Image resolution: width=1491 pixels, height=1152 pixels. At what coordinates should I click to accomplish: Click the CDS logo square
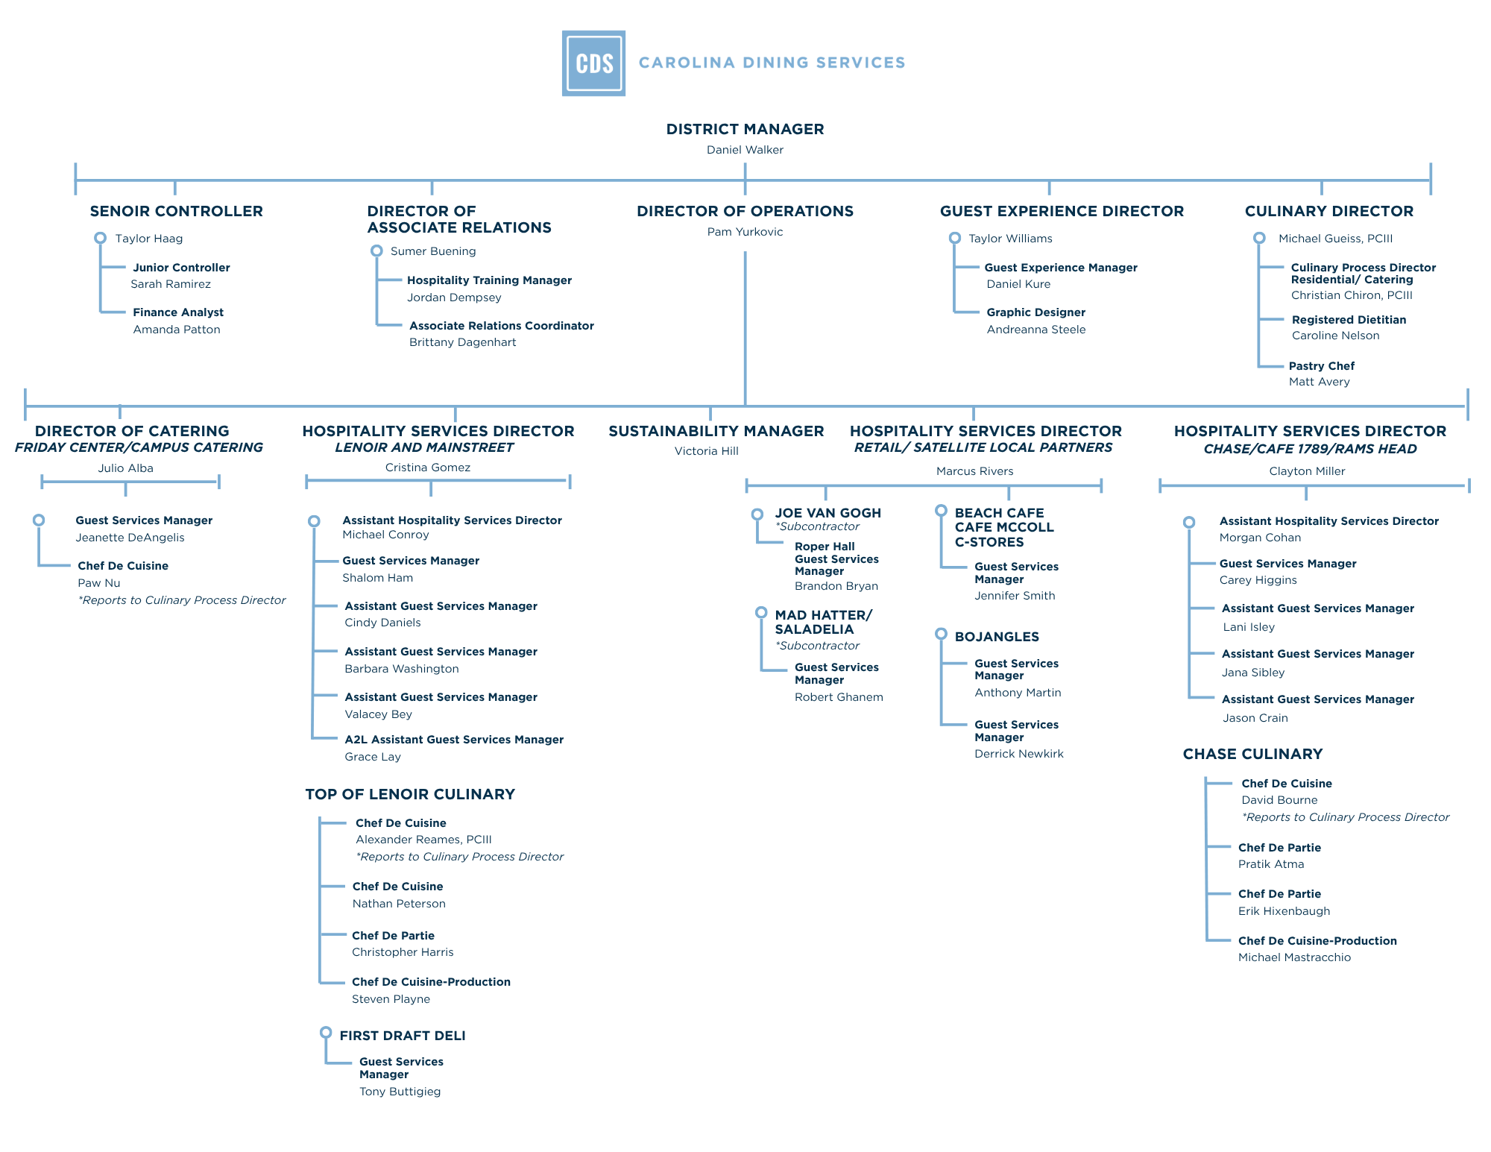[593, 63]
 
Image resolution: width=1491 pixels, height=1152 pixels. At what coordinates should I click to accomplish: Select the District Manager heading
[745, 129]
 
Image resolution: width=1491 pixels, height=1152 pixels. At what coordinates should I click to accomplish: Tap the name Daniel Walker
[745, 150]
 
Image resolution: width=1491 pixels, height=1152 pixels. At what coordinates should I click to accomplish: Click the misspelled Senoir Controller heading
[176, 211]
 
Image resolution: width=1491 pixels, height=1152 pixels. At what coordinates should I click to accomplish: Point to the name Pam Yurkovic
[745, 232]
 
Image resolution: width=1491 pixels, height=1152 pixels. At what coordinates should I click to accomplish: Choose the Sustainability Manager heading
[716, 431]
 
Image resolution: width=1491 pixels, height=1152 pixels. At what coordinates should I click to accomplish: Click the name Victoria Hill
[706, 451]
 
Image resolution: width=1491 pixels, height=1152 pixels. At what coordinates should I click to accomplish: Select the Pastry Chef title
[1321, 366]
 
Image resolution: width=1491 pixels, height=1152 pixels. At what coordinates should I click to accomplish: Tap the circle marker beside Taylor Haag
[100, 238]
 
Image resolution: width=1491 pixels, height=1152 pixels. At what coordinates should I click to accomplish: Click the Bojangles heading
[996, 637]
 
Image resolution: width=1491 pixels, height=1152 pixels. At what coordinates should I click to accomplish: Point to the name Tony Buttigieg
[400, 1092]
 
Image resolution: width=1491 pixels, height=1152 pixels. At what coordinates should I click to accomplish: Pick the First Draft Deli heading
[402, 1036]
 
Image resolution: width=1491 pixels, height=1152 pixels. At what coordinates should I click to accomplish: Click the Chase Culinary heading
[1252, 754]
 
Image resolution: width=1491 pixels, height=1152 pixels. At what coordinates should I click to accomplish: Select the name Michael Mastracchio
[1294, 957]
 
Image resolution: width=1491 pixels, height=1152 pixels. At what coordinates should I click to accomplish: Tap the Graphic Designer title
[1035, 312]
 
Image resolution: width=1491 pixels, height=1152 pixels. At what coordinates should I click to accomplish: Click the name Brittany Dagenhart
[462, 342]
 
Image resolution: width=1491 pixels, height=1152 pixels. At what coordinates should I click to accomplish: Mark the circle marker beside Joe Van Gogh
[757, 514]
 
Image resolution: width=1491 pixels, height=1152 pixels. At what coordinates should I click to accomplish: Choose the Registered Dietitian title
[1349, 320]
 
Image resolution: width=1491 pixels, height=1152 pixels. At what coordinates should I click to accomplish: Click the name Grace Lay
[373, 757]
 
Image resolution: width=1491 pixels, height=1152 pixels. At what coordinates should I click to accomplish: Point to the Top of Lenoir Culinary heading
[410, 794]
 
